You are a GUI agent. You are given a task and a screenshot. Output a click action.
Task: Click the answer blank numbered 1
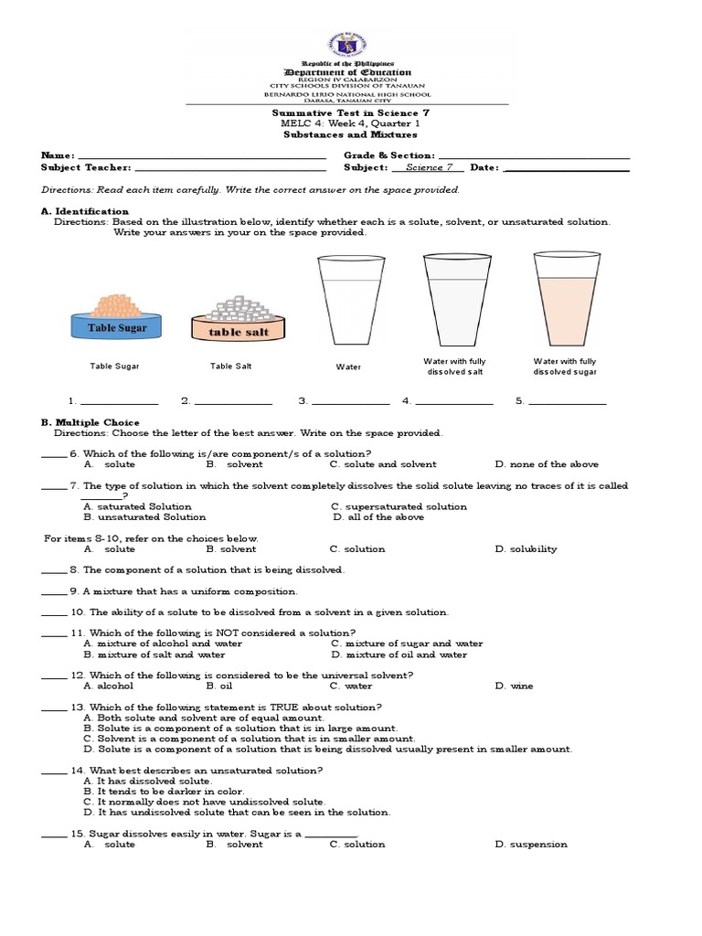click(119, 401)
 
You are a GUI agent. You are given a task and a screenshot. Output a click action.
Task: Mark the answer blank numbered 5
click(567, 401)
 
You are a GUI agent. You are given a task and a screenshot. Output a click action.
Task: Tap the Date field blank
click(567, 168)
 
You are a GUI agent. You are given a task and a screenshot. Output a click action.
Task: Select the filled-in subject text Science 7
click(430, 168)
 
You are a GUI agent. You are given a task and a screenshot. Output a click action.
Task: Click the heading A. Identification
click(85, 211)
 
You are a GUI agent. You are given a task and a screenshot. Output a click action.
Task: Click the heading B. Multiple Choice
click(90, 422)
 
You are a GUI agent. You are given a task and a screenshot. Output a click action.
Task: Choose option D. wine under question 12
click(514, 686)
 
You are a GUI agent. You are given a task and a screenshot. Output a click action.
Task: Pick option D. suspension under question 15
click(530, 845)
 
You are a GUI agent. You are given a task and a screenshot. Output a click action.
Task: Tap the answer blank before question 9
click(55, 591)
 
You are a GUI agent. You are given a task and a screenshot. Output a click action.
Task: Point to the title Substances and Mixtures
click(351, 134)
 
